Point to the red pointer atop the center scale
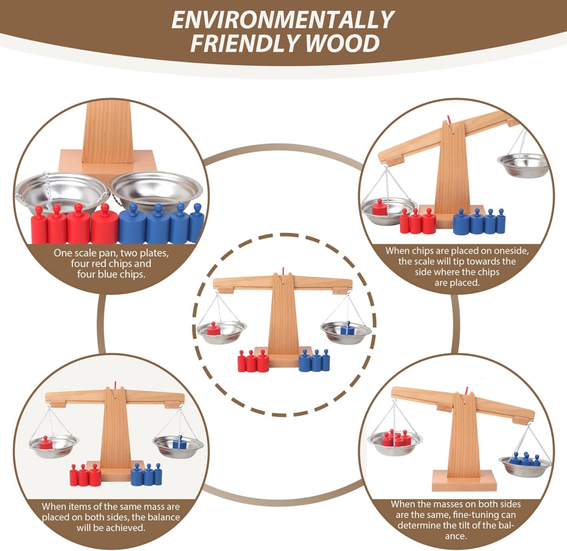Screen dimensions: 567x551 click(x=283, y=271)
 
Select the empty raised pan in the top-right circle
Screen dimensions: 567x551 click(x=522, y=165)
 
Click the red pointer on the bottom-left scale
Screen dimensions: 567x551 click(x=115, y=385)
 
